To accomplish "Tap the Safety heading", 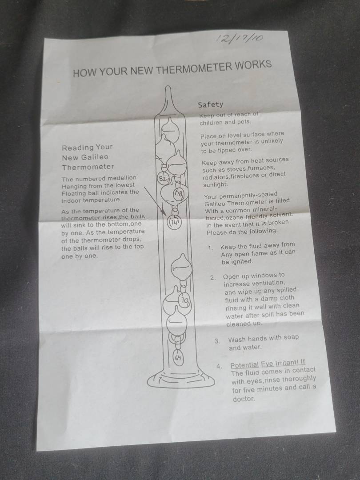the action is pos(211,105).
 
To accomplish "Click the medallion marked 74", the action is pos(174,222).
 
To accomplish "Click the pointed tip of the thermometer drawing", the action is pos(168,87).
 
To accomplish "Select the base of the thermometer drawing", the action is pos(181,379).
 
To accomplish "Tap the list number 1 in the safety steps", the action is pos(210,248).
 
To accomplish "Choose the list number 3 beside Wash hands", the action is pos(217,341).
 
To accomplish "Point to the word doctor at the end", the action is pos(244,399).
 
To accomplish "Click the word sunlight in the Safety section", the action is pos(216,185).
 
